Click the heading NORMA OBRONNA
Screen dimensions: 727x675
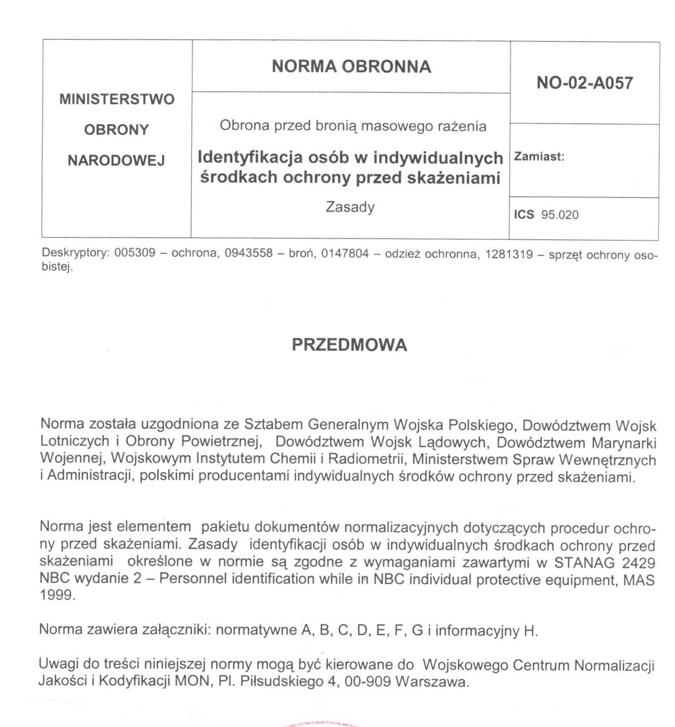[x=351, y=66]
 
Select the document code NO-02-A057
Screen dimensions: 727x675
[x=585, y=83]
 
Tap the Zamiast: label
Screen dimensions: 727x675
[x=539, y=156]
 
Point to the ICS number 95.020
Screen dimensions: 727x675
[x=560, y=215]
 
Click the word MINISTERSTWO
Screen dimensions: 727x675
[x=116, y=99]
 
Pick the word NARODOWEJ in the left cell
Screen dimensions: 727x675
[x=116, y=160]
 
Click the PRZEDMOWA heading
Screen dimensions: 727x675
[x=349, y=345]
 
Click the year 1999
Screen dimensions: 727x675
[x=57, y=595]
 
